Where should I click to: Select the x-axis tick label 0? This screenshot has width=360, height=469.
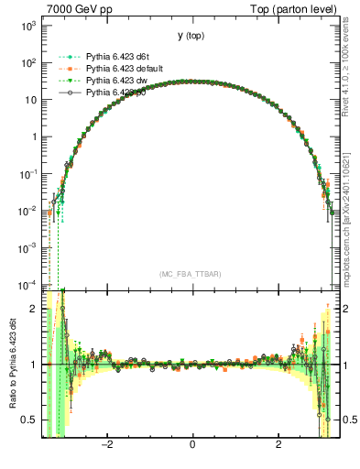tap(192, 446)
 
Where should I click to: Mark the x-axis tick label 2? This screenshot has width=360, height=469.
tap(278, 446)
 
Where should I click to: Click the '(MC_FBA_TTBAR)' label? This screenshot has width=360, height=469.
tap(191, 274)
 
